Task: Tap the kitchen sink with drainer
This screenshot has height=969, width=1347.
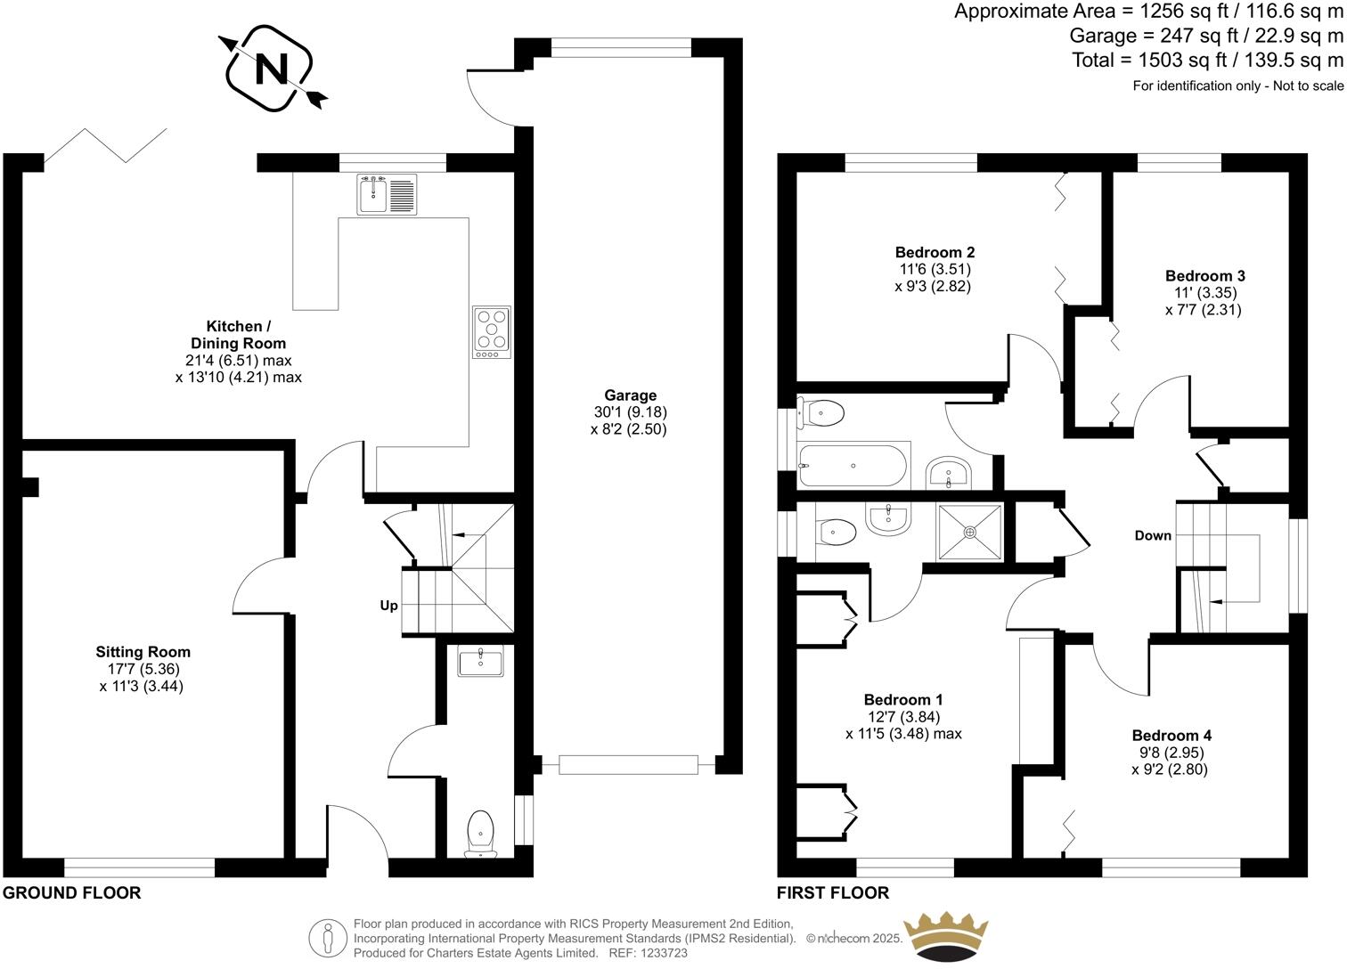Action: pyautogui.click(x=387, y=194)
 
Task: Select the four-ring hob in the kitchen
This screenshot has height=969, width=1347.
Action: pyautogui.click(x=492, y=332)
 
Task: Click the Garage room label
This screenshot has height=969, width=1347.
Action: pyautogui.click(x=630, y=395)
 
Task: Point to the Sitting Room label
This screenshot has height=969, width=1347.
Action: pyautogui.click(x=143, y=652)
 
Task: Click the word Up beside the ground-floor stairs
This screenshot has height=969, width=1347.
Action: pyautogui.click(x=389, y=606)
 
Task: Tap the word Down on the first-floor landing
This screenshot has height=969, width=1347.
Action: pyautogui.click(x=1153, y=535)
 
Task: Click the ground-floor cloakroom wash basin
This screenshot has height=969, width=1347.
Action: pyautogui.click(x=480, y=661)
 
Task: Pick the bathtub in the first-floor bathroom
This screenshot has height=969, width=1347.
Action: pyautogui.click(x=853, y=465)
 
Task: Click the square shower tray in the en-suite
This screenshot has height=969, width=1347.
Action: pyautogui.click(x=969, y=532)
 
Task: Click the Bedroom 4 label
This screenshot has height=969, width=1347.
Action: pyautogui.click(x=1171, y=736)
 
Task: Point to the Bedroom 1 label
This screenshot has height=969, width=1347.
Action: pyautogui.click(x=903, y=700)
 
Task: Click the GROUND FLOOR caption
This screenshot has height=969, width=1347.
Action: pyautogui.click(x=72, y=892)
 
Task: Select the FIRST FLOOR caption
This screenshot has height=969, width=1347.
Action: pyautogui.click(x=832, y=892)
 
